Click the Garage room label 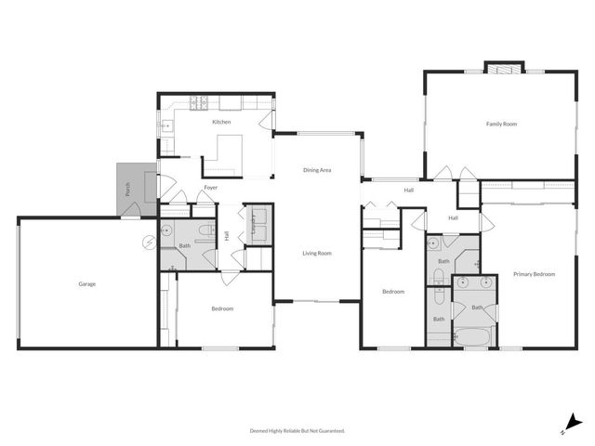(86, 284)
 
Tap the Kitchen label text (221, 123)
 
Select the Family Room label (502, 124)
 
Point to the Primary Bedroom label (534, 274)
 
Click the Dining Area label (317, 170)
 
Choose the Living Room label (317, 253)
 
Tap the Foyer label (211, 188)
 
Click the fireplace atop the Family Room (504, 68)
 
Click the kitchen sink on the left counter (166, 124)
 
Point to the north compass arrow (574, 422)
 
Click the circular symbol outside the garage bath (147, 243)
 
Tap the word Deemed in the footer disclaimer (260, 430)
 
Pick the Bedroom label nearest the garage (222, 308)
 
